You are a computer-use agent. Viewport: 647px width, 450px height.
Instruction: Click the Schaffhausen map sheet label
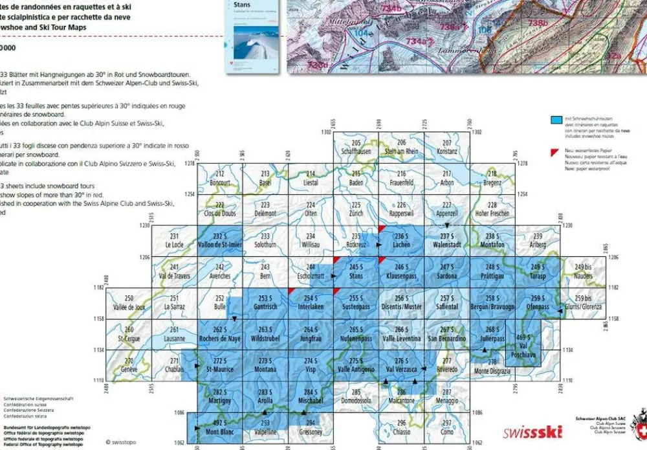[356, 148]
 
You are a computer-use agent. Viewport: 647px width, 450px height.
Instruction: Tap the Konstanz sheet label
[446, 148]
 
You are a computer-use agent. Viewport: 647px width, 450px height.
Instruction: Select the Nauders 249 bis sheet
[583, 271]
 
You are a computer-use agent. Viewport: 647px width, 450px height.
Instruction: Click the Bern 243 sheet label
[265, 271]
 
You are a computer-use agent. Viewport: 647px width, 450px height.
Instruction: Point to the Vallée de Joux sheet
[128, 302]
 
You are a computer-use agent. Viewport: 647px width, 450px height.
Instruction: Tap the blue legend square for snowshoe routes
[555, 120]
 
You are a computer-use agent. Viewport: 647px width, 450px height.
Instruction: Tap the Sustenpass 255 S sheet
[356, 302]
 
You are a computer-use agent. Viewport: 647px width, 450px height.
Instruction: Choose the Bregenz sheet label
[493, 178]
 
